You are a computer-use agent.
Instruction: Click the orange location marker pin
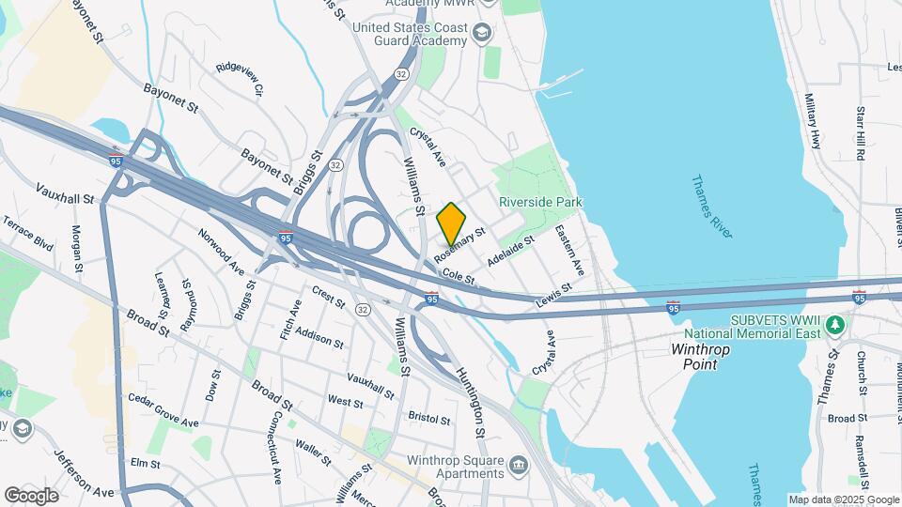coord(451,223)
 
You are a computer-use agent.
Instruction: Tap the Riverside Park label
coord(540,202)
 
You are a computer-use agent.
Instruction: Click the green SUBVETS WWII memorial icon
coord(835,325)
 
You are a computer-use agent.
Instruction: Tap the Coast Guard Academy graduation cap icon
coord(482,34)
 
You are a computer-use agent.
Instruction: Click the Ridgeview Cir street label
coord(238,80)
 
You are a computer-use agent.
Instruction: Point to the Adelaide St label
coord(511,250)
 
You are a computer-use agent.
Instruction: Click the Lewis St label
coord(553,295)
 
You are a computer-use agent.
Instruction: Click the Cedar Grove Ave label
coord(163,410)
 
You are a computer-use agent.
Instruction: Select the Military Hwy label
coord(813,122)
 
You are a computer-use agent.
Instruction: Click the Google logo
coord(31,495)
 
